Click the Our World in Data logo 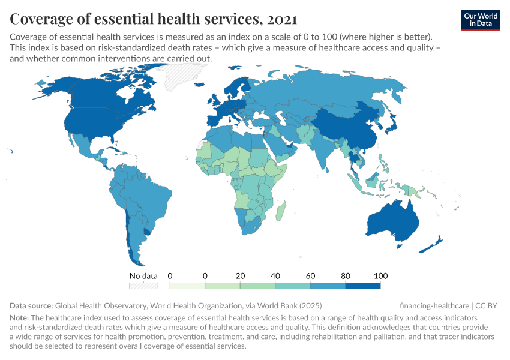[x=481, y=20]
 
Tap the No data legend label [x=144, y=276]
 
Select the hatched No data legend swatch [x=144, y=286]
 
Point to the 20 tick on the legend [x=241, y=276]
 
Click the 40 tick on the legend [x=275, y=276]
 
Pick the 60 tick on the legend [x=311, y=276]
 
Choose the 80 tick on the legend [x=346, y=276]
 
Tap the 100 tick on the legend [x=380, y=276]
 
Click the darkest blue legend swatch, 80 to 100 [x=363, y=286]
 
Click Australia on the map [x=394, y=219]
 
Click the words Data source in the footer [x=31, y=305]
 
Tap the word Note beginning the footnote [x=20, y=317]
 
